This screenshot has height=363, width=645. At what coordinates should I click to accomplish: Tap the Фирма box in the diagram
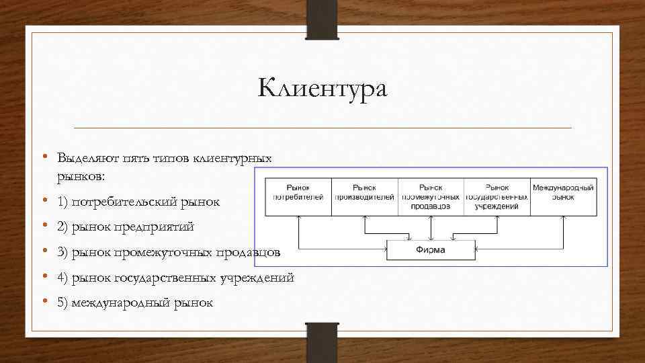[431, 251]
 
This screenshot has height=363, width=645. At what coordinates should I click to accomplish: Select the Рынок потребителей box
[298, 196]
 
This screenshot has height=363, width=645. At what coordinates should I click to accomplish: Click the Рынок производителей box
[364, 196]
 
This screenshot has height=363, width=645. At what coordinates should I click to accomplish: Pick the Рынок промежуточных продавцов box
[431, 196]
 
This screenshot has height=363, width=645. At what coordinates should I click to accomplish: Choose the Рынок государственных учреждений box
[497, 196]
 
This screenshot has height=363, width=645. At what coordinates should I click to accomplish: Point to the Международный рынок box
[563, 196]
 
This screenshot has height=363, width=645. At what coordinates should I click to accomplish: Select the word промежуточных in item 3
[164, 253]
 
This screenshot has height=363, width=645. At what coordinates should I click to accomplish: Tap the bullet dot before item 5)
[43, 302]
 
